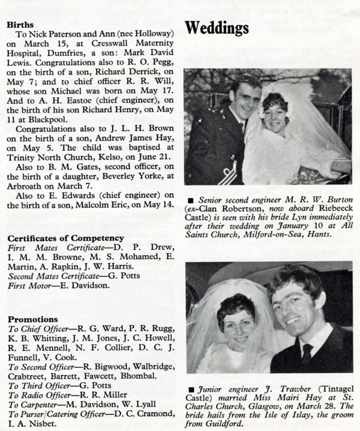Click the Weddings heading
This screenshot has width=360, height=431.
(217, 28)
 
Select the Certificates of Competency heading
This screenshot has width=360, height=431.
(66, 238)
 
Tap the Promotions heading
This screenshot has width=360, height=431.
(33, 320)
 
